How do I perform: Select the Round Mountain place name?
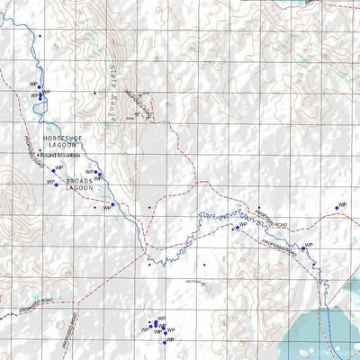pos(63,155)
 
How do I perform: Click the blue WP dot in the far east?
pos(337,208)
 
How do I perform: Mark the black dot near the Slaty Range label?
pos(94,93)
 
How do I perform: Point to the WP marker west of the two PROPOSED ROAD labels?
pos(236,228)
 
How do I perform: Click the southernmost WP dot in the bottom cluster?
pos(164,341)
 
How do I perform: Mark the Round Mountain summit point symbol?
pos(40,155)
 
